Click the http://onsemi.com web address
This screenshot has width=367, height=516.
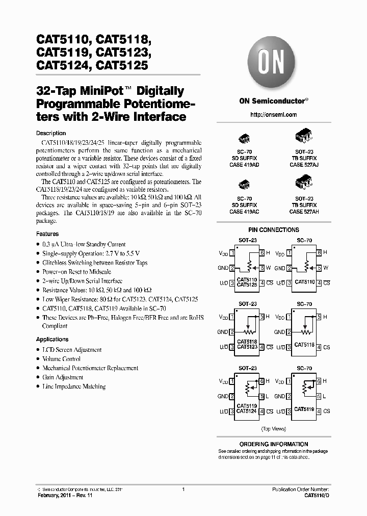click(274, 115)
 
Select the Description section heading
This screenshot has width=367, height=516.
click(51, 133)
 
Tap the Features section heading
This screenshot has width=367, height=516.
click(47, 234)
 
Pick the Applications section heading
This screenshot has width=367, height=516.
click(52, 339)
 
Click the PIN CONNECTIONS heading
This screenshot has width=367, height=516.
click(274, 230)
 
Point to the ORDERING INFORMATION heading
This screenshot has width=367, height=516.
click(274, 444)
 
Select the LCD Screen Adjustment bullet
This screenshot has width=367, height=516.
click(72, 350)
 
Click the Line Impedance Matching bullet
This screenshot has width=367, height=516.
click(74, 386)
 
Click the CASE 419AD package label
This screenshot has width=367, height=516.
click(244, 165)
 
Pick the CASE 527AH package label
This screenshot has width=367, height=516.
click(304, 211)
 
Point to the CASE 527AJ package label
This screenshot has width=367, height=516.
click(304, 165)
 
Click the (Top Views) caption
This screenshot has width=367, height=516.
click(274, 429)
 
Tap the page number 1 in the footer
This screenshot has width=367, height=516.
click(183, 489)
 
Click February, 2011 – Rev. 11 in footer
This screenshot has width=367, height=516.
click(64, 495)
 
